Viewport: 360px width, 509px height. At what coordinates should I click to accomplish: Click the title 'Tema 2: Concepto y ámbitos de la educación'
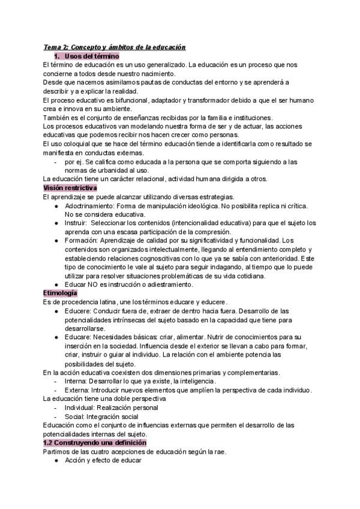pyautogui.click(x=115, y=47)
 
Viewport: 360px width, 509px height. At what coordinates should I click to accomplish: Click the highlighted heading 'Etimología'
pyautogui.click(x=60, y=292)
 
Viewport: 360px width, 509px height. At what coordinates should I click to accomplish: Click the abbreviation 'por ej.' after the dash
pyautogui.click(x=73, y=161)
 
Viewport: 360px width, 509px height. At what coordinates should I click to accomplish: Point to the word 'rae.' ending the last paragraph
pyautogui.click(x=218, y=451)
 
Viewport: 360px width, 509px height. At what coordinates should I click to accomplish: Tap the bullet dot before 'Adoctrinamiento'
pyautogui.click(x=56, y=206)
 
